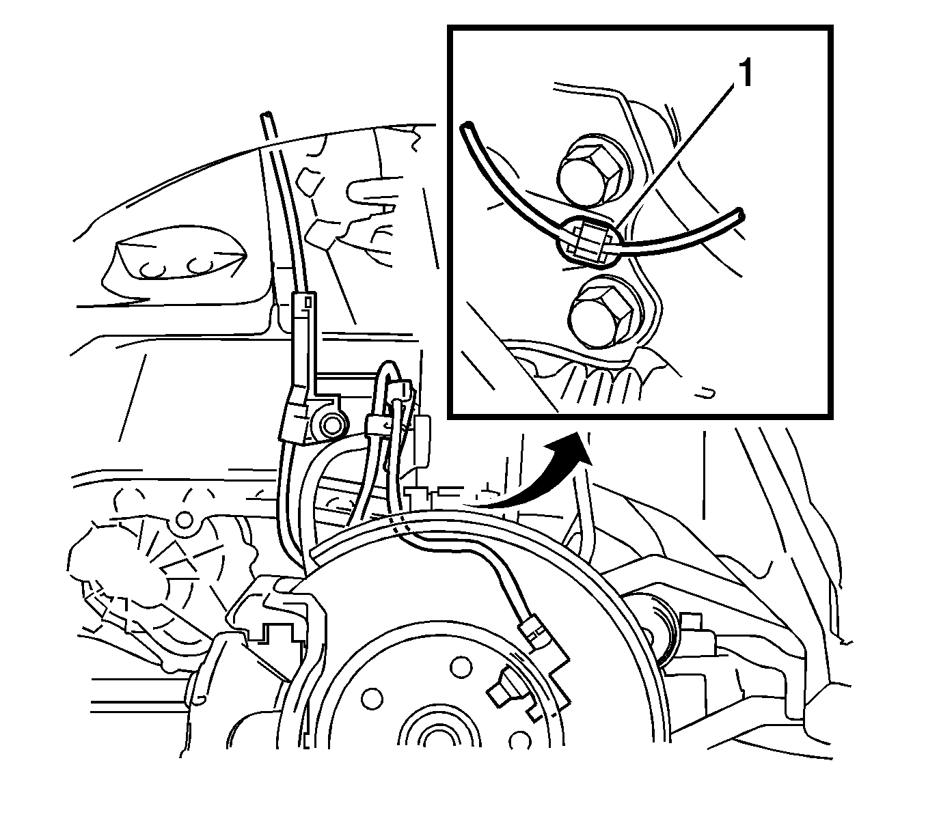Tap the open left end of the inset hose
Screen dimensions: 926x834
467,126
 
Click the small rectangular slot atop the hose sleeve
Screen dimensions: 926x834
308,303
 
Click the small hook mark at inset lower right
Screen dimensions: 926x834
706,392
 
